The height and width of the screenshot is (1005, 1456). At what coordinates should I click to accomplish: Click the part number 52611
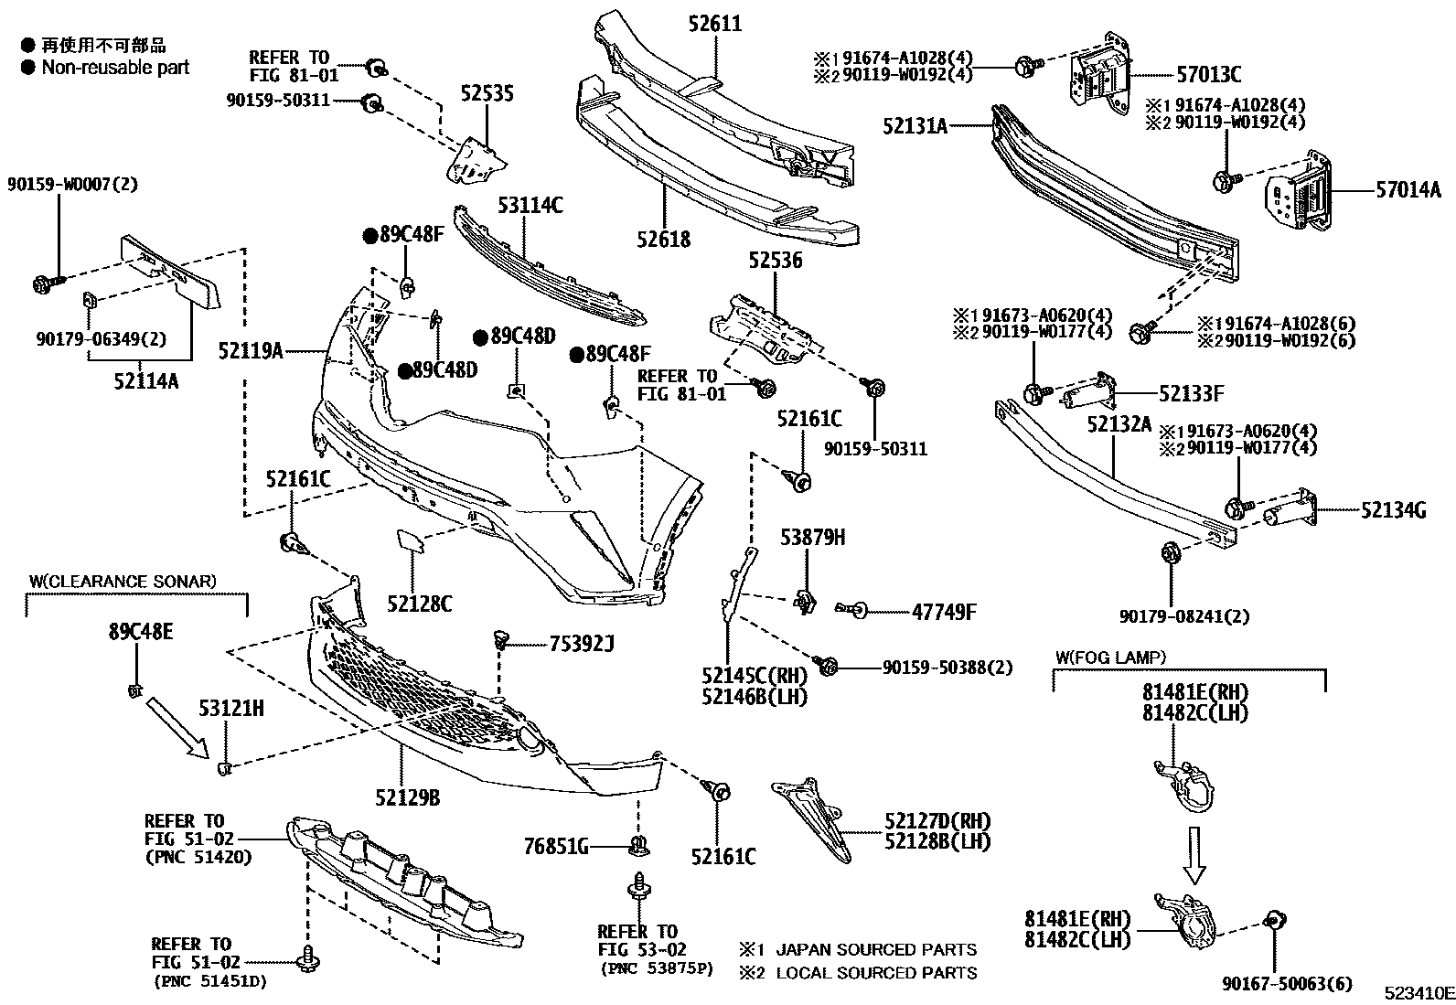714,24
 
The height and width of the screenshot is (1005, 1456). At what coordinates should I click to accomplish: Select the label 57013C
1209,75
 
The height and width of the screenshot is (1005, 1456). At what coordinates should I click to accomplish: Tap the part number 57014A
1408,190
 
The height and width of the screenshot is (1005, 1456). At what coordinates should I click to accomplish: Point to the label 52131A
915,126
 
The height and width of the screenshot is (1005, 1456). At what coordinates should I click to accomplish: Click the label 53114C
530,206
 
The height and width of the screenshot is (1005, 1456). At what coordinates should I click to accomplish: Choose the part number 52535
487,93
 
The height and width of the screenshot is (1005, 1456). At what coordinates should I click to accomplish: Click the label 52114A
146,380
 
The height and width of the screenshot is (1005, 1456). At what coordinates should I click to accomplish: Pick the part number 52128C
419,604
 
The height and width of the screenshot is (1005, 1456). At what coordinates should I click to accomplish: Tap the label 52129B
407,798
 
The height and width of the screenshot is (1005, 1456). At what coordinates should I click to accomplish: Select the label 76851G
555,847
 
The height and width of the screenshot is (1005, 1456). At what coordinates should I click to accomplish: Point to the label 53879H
812,538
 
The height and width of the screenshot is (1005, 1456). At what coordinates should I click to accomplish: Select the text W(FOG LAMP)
1110,657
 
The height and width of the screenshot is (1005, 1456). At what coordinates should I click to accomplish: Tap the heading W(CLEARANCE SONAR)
123,581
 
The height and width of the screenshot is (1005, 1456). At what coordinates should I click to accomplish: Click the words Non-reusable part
115,67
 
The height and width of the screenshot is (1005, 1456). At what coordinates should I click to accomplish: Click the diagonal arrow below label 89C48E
175,726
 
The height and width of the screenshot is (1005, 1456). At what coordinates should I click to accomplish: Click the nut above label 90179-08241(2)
1170,554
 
